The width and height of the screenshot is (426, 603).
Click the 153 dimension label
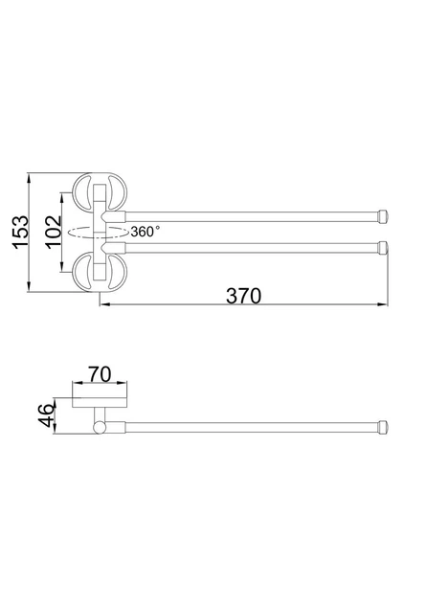tap(20, 233)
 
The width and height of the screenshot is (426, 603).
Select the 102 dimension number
tap(53, 233)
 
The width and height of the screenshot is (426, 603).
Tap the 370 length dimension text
tap(243, 296)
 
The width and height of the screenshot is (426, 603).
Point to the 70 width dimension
tap(100, 374)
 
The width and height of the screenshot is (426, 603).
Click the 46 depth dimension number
tap(46, 415)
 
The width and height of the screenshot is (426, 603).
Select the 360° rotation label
tap(145, 232)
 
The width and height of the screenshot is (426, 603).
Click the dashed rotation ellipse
tap(98, 233)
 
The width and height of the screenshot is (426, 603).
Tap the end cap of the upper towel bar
tap(383, 216)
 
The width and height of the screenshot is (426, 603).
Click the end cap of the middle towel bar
tap(383, 248)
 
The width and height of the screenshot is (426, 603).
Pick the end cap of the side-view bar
tap(383, 427)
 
